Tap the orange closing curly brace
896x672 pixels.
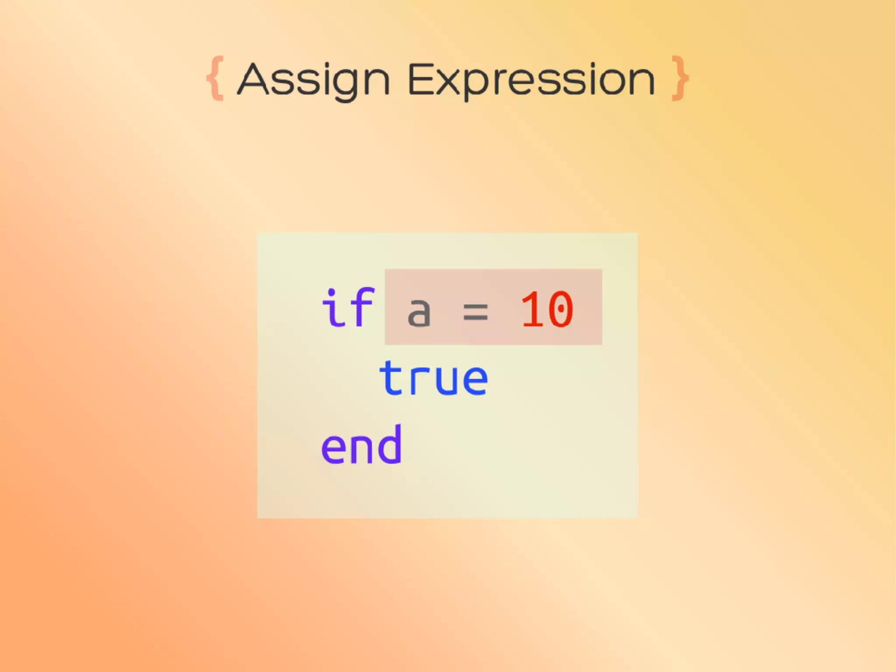pos(680,79)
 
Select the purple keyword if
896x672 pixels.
pos(348,308)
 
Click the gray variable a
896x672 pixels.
pos(419,311)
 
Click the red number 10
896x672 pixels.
pos(547,310)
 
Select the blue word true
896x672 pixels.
pos(433,378)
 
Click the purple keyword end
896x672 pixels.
pos(361,445)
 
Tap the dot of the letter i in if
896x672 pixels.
pos(332,293)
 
